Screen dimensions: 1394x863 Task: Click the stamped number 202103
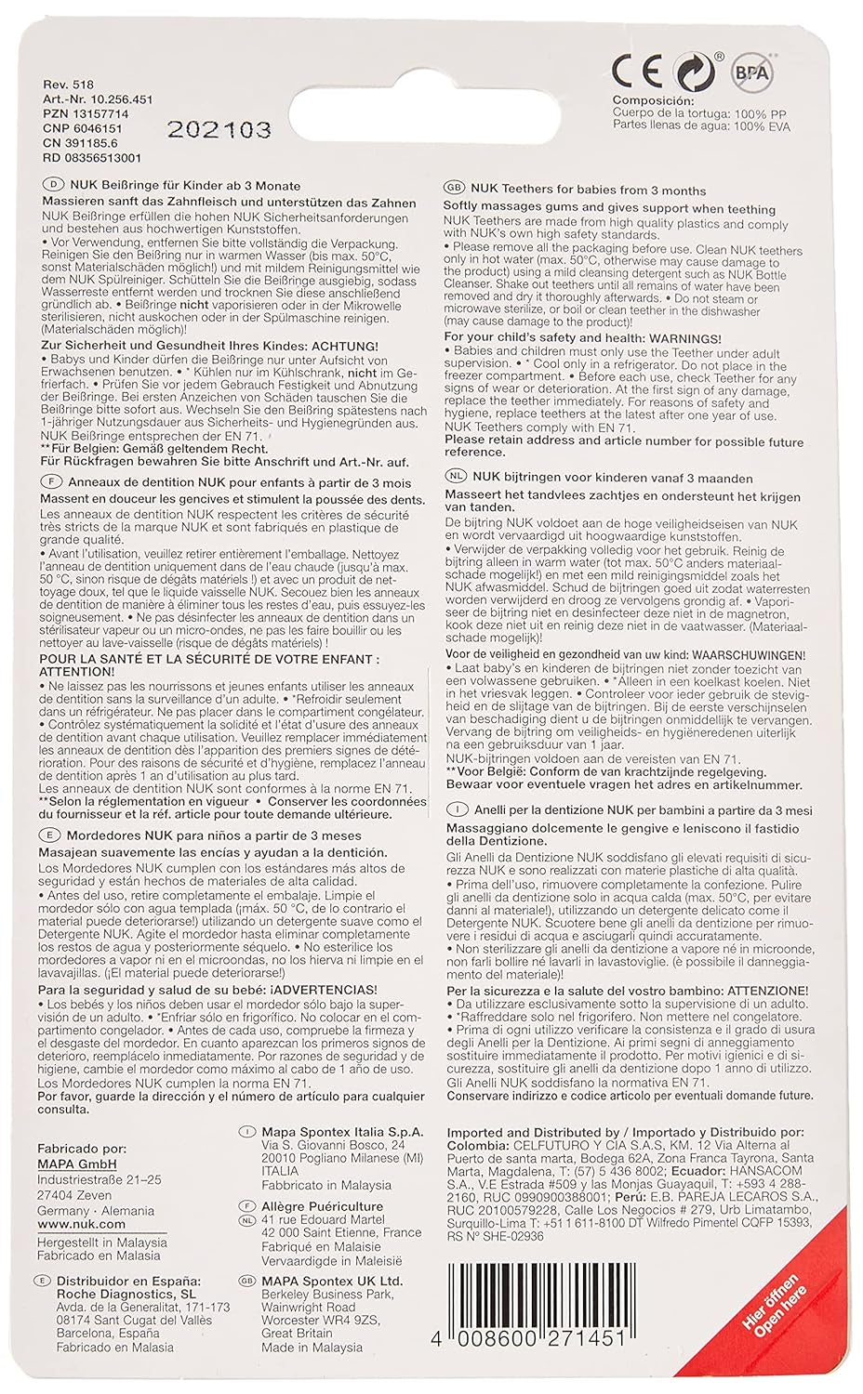(219, 129)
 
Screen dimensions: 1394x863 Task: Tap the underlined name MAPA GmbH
(77, 1164)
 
